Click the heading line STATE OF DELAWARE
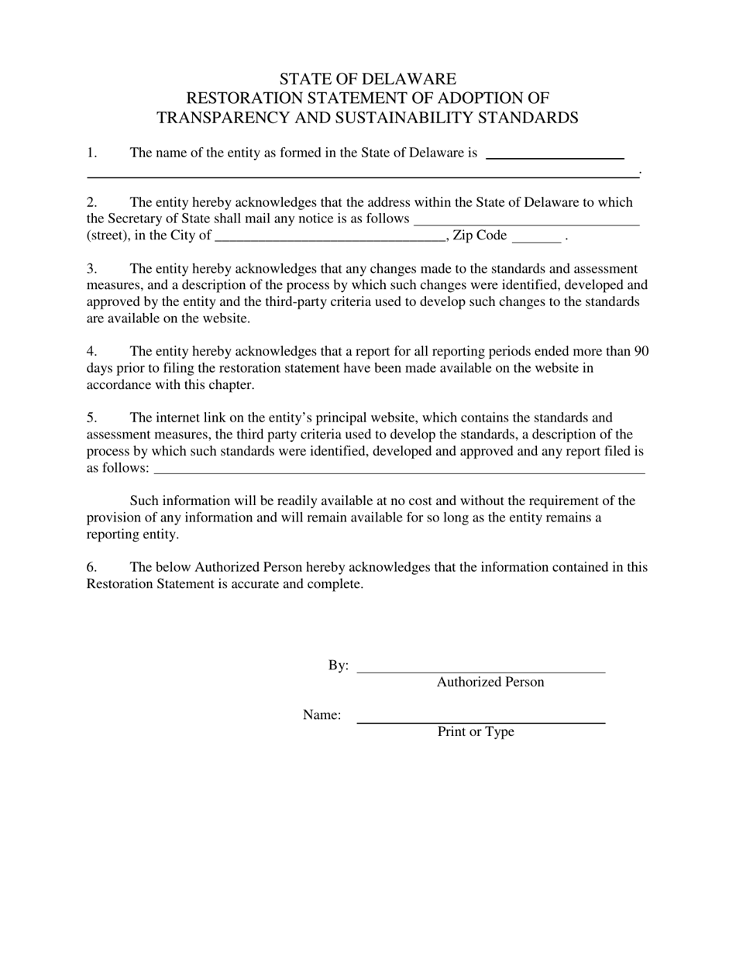367,79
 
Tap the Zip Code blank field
536,237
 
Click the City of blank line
330,237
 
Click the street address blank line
527,220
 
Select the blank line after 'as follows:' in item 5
400,470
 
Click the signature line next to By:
480,668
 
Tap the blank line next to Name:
480,717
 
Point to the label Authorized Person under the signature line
490,682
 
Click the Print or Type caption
476,731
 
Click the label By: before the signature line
339,666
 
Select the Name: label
322,715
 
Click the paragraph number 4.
91,351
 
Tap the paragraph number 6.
91,567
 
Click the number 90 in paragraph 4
641,351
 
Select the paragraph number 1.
91,153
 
